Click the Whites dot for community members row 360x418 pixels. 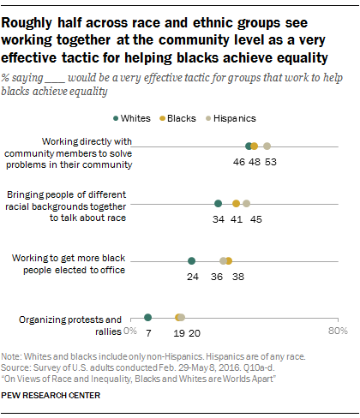coord(249,146)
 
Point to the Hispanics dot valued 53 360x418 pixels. coord(267,146)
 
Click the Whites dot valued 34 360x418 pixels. coord(218,204)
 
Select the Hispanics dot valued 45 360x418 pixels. coord(246,204)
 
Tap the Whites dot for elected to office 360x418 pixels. coord(191,261)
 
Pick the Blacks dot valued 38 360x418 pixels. coord(228,261)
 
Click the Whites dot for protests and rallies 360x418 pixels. coord(147,318)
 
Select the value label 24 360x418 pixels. coord(192,277)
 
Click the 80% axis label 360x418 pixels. coord(336,330)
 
